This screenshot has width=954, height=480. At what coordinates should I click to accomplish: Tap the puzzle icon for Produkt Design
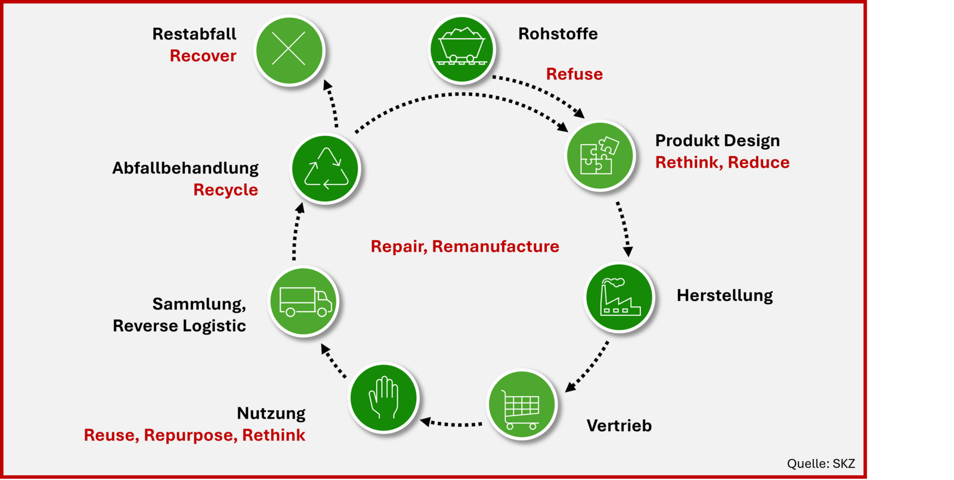(x=600, y=156)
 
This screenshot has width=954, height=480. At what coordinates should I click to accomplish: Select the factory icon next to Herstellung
(x=620, y=297)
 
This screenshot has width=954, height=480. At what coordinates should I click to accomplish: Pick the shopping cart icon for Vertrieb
(x=522, y=405)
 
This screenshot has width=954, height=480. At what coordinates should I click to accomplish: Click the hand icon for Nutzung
(x=383, y=397)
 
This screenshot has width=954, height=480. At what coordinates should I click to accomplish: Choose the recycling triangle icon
(x=326, y=169)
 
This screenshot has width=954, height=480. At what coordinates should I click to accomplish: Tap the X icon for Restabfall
(x=289, y=49)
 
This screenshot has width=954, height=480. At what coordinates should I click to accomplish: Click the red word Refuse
(x=574, y=74)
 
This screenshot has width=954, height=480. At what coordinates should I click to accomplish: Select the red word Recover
(x=203, y=56)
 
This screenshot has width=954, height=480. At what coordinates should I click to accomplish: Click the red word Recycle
(x=225, y=190)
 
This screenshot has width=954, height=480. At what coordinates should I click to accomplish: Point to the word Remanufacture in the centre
(x=495, y=246)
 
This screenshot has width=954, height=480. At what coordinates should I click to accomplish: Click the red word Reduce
(x=758, y=162)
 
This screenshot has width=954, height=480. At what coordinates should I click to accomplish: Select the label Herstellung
(x=724, y=296)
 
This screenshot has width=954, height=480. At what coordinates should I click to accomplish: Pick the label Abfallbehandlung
(x=185, y=168)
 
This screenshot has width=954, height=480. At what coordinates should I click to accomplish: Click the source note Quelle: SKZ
(x=820, y=463)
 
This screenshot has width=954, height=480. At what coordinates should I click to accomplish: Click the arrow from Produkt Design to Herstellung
(x=623, y=228)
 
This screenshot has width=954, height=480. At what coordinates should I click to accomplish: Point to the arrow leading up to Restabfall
(x=332, y=104)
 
